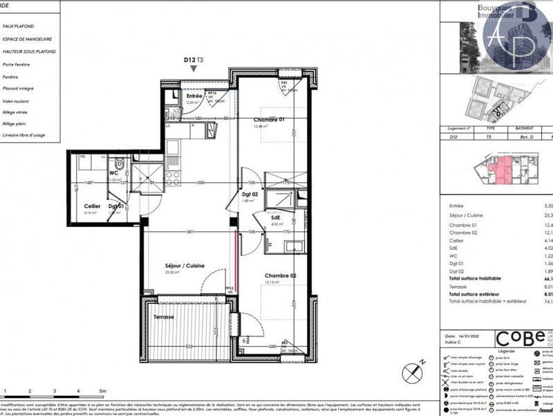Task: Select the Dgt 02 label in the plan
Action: point(250,195)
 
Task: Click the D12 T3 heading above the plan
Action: point(193,60)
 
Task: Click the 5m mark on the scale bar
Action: point(102,391)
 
